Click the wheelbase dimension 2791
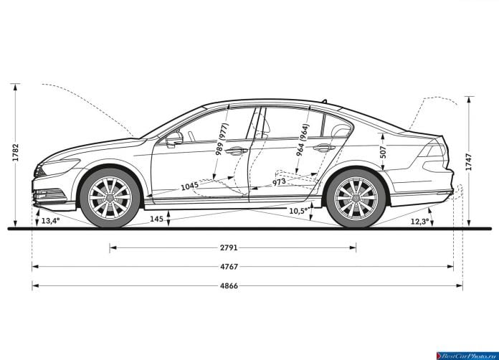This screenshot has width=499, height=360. (229, 247)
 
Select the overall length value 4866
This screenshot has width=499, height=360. (229, 286)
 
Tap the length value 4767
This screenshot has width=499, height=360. (229, 267)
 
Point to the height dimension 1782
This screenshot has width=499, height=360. (16, 153)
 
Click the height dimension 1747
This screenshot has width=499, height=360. (468, 161)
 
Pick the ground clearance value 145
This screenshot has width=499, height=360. (156, 219)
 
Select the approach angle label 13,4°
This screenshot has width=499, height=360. (51, 221)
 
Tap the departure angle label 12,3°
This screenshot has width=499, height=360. (419, 221)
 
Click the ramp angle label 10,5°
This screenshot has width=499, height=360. (299, 211)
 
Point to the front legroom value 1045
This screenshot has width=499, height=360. (190, 186)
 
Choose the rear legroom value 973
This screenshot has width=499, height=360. (279, 182)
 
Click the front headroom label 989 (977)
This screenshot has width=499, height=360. (222, 139)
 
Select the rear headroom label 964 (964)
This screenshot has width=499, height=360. (303, 140)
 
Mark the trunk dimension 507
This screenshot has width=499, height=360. (384, 152)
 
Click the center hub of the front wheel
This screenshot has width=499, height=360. (110, 198)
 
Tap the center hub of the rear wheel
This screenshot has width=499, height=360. (356, 198)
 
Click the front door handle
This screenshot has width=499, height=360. (237, 151)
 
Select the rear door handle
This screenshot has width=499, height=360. (324, 148)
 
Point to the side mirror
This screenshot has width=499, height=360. (174, 139)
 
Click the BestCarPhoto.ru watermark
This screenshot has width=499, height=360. (467, 356)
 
